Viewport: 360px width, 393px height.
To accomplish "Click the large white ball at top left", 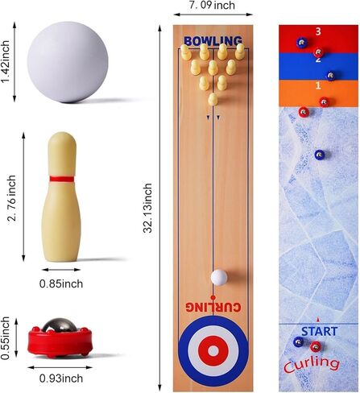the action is (x=68, y=62).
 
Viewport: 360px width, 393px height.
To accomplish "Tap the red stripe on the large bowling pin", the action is (x=61, y=179).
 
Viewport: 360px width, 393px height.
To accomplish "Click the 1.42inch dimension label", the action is (x=6, y=62).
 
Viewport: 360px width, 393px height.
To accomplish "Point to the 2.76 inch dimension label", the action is (x=12, y=198).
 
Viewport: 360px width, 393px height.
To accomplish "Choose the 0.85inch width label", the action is (x=61, y=283).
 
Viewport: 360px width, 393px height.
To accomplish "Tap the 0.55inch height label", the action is (x=5, y=338).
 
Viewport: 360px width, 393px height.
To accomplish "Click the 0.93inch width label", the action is (x=61, y=379).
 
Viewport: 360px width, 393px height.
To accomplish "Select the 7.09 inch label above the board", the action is (x=212, y=6).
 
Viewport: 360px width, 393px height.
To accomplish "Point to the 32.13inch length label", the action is (x=147, y=208).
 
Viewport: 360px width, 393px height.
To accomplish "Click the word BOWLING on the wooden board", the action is (x=213, y=41).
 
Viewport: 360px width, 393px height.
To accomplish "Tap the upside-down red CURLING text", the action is (x=213, y=308).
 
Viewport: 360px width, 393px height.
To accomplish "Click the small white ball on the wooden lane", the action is (x=219, y=277).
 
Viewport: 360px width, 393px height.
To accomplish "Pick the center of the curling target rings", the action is (x=213, y=350).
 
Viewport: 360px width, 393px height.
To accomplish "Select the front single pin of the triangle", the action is (x=213, y=100).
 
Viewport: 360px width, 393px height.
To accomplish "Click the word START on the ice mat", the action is (x=319, y=332).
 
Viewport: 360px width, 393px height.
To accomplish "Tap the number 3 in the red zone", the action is (x=318, y=31).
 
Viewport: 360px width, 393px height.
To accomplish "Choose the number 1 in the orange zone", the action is (x=318, y=86).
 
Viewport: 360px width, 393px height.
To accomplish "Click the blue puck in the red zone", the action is (x=303, y=43).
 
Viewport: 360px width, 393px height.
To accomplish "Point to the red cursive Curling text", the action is (x=312, y=365).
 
